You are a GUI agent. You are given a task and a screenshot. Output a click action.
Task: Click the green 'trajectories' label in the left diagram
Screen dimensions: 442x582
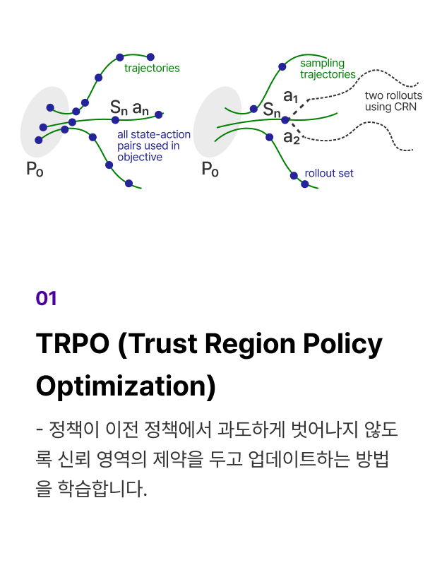coord(152,69)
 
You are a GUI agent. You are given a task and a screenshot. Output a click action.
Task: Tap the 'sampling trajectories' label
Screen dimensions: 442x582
coord(328,69)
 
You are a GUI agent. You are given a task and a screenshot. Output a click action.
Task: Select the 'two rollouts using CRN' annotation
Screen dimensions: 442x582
coord(393,101)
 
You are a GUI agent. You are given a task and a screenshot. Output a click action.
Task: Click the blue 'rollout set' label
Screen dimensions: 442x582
coord(329,173)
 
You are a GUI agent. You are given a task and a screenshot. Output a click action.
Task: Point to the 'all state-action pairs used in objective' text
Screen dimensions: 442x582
coord(154,145)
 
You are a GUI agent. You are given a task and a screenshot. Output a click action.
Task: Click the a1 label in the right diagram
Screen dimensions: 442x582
coord(291,97)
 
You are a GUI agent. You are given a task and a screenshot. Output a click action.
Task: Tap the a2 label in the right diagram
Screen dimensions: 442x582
coord(292,138)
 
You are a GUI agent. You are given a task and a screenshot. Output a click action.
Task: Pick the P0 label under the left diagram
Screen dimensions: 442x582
coord(35,170)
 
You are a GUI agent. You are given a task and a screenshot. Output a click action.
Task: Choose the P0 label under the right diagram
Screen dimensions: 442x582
coord(210,170)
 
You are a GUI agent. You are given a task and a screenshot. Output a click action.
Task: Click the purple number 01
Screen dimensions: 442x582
coord(47,299)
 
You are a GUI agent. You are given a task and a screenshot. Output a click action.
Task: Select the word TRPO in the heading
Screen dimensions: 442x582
coord(73,344)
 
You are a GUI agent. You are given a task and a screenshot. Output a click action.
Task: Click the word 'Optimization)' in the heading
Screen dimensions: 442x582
coord(126,386)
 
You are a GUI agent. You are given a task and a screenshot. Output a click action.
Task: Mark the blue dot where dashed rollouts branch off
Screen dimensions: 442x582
coord(285,120)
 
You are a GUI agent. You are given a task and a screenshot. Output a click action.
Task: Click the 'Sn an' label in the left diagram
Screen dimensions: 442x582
coord(129,108)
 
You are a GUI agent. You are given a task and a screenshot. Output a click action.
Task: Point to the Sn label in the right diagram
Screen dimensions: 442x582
coord(271,110)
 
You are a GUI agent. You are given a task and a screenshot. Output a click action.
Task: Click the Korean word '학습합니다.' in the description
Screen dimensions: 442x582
coord(102,489)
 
